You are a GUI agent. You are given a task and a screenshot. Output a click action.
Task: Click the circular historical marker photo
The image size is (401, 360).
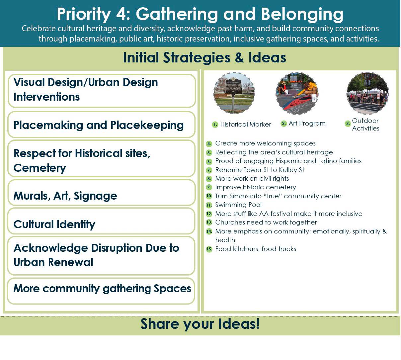tap(234, 93)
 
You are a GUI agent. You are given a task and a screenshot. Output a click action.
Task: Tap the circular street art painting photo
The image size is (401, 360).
tap(297, 93)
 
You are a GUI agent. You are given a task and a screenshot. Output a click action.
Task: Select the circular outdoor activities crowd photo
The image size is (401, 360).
tap(368, 93)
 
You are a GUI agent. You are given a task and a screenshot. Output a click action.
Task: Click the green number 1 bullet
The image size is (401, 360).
tap(215, 125)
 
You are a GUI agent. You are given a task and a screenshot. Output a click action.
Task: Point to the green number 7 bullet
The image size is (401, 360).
tap(209, 170)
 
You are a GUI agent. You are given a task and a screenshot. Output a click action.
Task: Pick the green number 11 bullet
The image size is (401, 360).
tap(209, 205)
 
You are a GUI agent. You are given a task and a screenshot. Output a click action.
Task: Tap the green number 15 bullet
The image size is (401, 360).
tap(209, 249)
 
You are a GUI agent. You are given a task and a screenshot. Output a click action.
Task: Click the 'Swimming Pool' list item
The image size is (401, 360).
tap(238, 205)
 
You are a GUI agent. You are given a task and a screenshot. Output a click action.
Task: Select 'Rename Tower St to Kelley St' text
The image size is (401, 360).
tap(260, 170)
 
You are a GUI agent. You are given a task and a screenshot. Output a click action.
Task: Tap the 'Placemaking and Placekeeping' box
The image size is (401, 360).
tap(101, 125)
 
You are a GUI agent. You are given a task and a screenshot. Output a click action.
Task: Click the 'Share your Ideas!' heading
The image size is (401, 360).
tap(200, 324)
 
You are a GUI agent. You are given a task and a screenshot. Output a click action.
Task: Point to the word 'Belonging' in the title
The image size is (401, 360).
tap(302, 15)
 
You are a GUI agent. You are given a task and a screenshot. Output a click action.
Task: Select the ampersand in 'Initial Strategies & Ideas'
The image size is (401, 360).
tap(239, 58)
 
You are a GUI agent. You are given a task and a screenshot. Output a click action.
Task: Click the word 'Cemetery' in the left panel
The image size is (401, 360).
tap(40, 168)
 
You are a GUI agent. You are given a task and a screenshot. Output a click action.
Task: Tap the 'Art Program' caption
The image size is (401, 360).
tap(307, 123)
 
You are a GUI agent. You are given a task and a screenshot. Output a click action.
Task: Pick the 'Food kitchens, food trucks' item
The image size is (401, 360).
tap(256, 249)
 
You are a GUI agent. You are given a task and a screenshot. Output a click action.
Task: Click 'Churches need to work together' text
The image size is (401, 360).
tap(266, 223)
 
